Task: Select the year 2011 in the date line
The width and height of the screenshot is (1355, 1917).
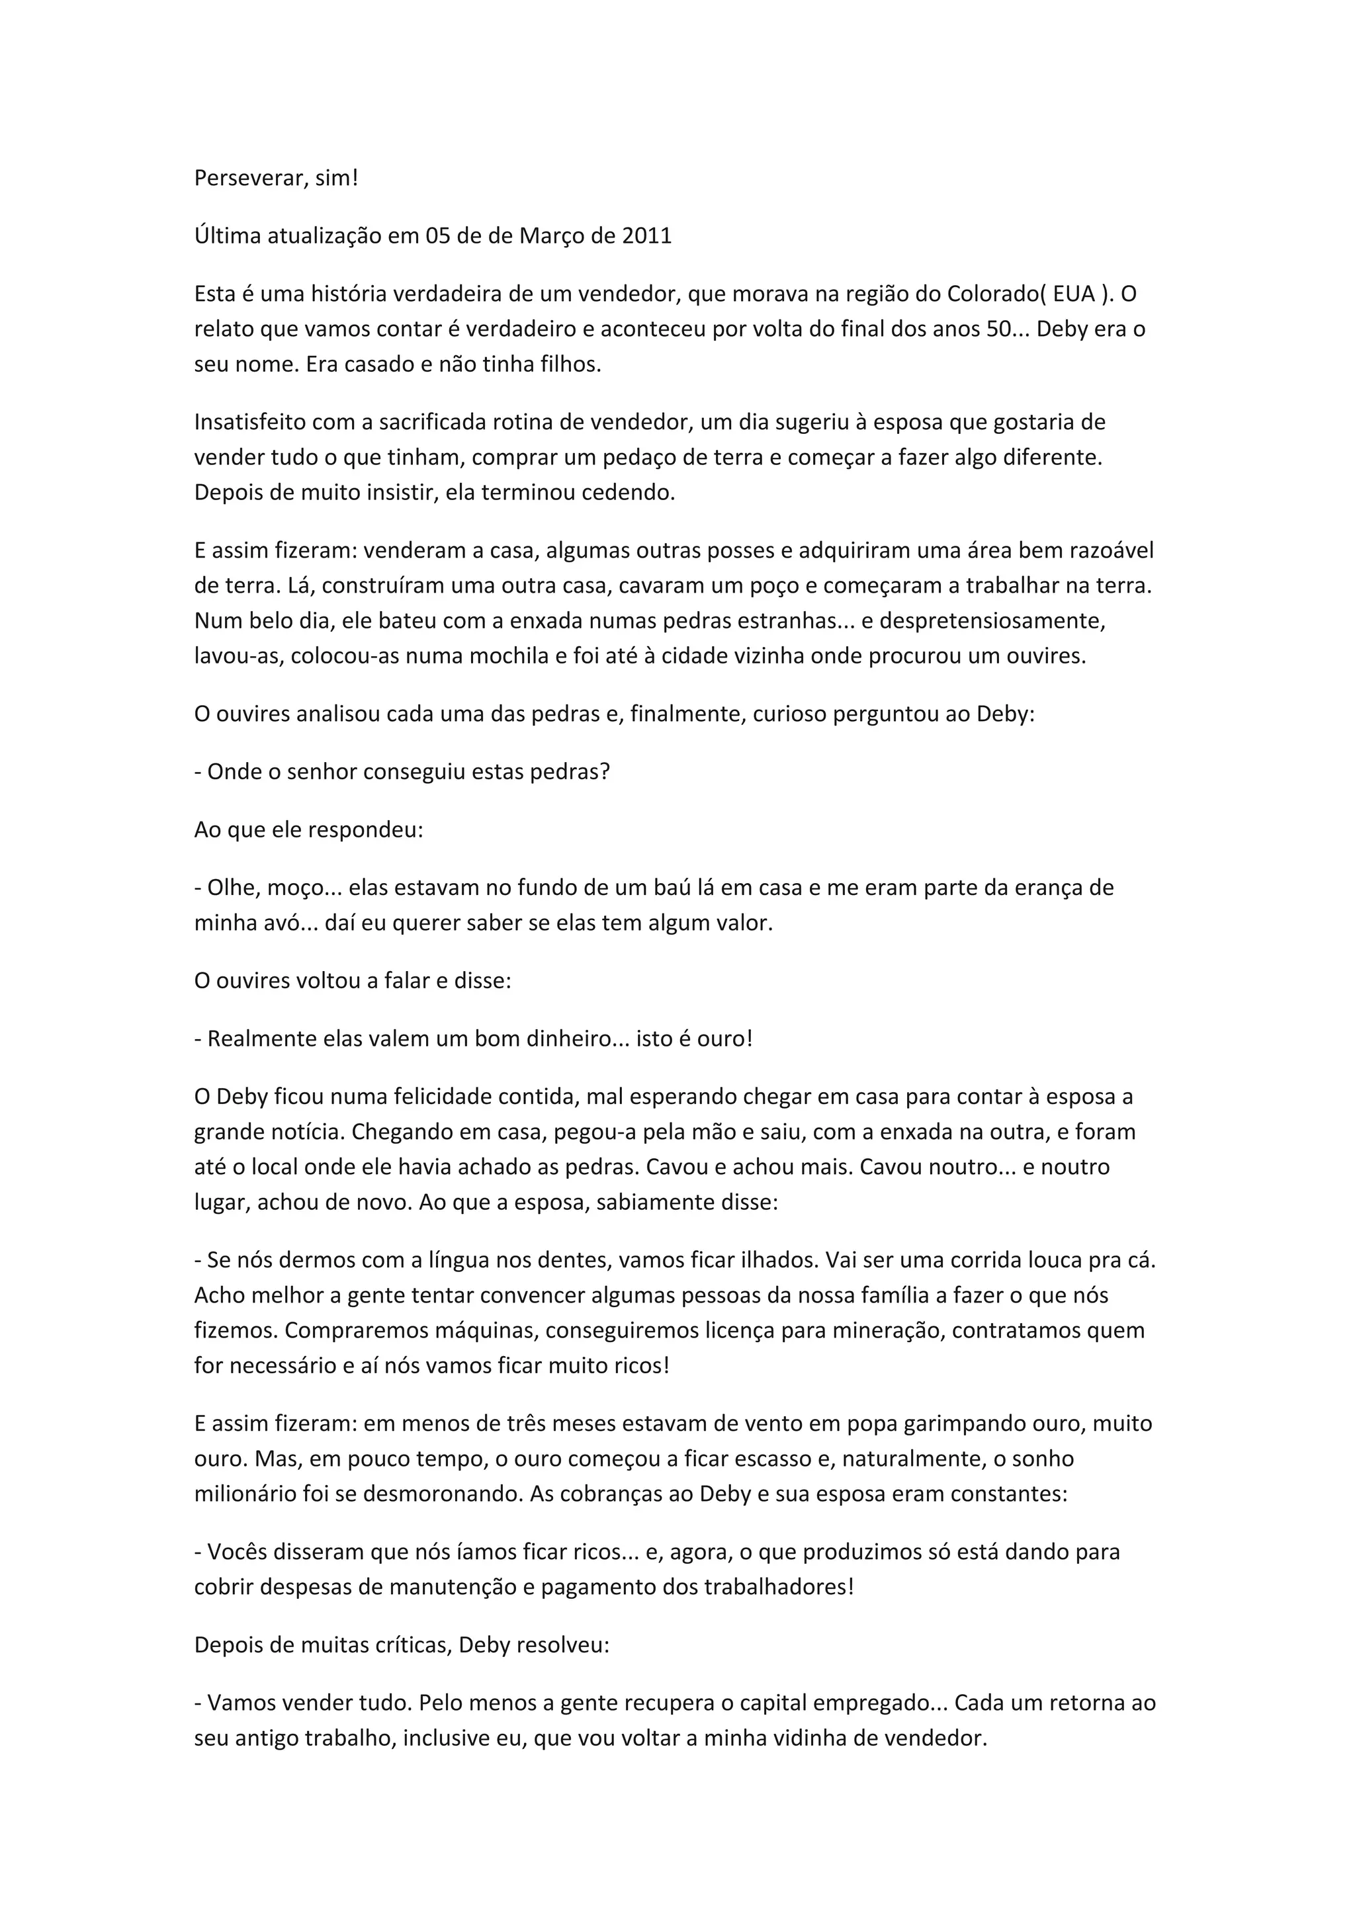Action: [x=646, y=235]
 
